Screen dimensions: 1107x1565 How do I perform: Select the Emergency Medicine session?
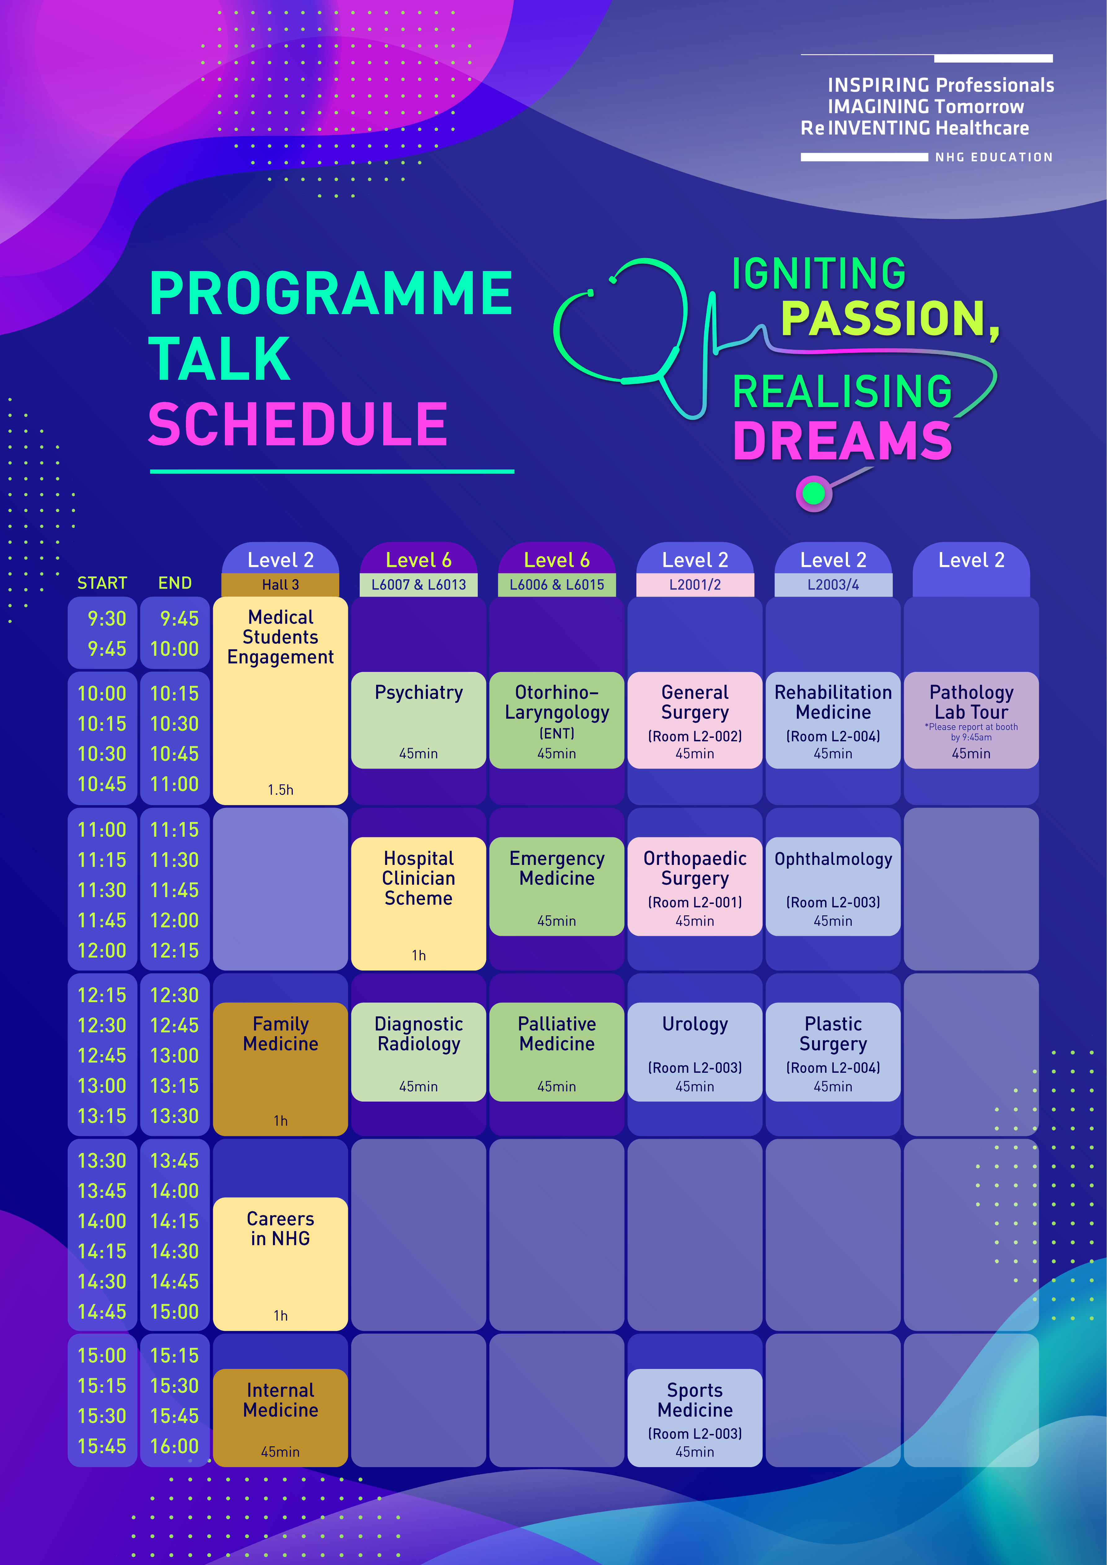click(x=557, y=886)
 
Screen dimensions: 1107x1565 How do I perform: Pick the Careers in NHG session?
click(x=280, y=1264)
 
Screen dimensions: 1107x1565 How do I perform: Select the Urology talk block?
click(x=695, y=1052)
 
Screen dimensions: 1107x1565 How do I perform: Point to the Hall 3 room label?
click(x=280, y=585)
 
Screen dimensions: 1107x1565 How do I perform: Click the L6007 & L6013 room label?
click(x=419, y=585)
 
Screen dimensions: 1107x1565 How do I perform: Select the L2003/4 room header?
click(x=833, y=585)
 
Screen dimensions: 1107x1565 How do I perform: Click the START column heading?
click(x=102, y=583)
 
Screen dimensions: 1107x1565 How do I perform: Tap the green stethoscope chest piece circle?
click(x=813, y=493)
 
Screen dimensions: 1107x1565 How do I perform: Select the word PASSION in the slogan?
click(x=890, y=318)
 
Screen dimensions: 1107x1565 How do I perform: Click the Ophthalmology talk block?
click(x=833, y=886)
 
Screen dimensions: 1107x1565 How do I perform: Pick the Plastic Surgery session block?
click(x=833, y=1052)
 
